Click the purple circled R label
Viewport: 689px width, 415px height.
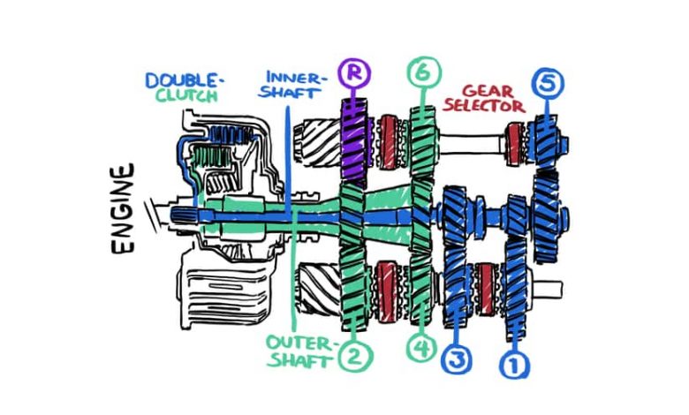pyautogui.click(x=354, y=73)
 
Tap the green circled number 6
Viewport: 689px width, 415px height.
pyautogui.click(x=424, y=72)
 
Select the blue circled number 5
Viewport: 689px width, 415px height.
pyautogui.click(x=548, y=83)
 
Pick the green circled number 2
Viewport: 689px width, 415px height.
pyautogui.click(x=355, y=356)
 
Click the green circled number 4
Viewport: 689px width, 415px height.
pyautogui.click(x=422, y=349)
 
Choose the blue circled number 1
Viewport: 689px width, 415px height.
pyautogui.click(x=515, y=365)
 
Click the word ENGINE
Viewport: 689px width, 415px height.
pyautogui.click(x=123, y=208)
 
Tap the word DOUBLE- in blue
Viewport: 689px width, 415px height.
pyautogui.click(x=185, y=81)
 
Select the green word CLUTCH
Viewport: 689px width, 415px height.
pyautogui.click(x=187, y=95)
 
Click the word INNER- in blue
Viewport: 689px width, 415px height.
pyautogui.click(x=297, y=79)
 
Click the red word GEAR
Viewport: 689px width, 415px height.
pyautogui.click(x=488, y=91)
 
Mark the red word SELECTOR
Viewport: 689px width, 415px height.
pyautogui.click(x=484, y=106)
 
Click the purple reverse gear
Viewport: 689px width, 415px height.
pyautogui.click(x=355, y=140)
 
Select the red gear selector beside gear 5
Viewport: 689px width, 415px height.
pyautogui.click(x=514, y=144)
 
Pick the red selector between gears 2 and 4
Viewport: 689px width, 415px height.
pyautogui.click(x=388, y=290)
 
